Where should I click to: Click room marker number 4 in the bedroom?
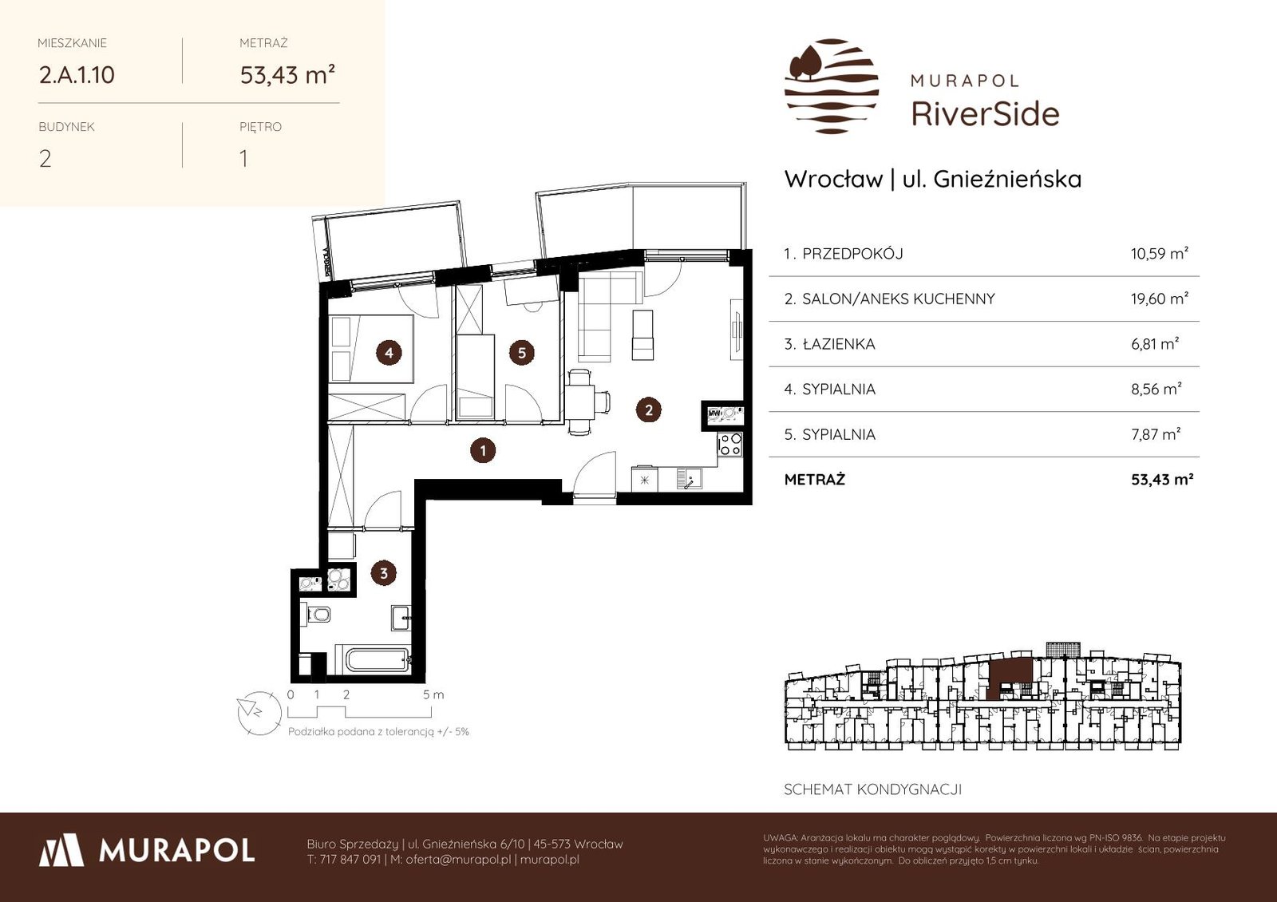[x=389, y=353]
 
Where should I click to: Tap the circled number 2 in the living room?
[x=648, y=409]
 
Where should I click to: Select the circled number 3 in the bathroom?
[x=384, y=573]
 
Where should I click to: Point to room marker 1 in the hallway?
[x=483, y=450]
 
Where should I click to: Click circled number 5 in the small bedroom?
[x=522, y=353]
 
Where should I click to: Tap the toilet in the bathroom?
[x=315, y=614]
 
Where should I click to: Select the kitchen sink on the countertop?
[x=690, y=478]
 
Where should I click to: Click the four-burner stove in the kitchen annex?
[x=730, y=444]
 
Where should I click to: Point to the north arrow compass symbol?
[x=259, y=713]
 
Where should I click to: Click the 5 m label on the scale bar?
[x=433, y=695]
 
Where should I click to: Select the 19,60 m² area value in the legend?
[x=1160, y=299]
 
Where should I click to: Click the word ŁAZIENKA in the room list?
[x=839, y=344]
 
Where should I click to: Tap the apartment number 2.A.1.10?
[x=77, y=75]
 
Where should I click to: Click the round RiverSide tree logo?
[x=832, y=86]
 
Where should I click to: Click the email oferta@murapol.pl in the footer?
[x=458, y=859]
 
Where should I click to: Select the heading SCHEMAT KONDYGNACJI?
[x=872, y=789]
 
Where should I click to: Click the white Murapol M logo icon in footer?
[x=61, y=850]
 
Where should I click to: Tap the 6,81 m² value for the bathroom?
[x=1155, y=344]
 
